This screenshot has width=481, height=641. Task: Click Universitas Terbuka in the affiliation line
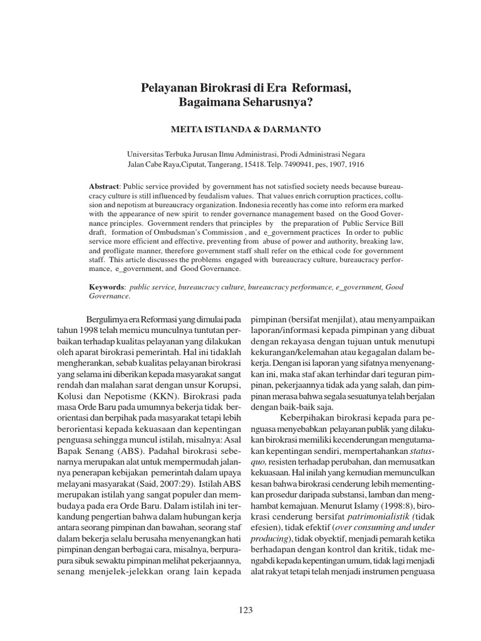[x=157, y=153]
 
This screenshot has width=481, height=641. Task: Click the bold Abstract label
[x=105, y=187]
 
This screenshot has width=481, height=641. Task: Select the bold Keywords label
[x=107, y=287]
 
